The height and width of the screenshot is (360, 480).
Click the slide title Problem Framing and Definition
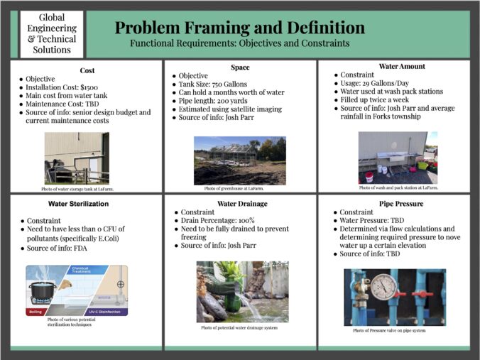click(x=240, y=28)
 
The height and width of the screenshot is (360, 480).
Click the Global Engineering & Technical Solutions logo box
click(x=53, y=34)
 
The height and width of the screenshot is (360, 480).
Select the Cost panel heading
click(x=87, y=71)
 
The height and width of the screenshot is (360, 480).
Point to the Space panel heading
click(x=240, y=67)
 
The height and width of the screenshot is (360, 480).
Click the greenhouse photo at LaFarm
click(x=239, y=160)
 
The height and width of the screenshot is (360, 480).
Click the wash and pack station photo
click(x=398, y=158)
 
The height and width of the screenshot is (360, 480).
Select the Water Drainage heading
click(x=240, y=204)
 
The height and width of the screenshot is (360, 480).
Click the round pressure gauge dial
click(x=383, y=288)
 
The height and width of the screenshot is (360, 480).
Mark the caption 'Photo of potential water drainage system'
click(x=239, y=327)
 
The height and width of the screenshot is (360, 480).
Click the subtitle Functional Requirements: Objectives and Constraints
click(x=240, y=43)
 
